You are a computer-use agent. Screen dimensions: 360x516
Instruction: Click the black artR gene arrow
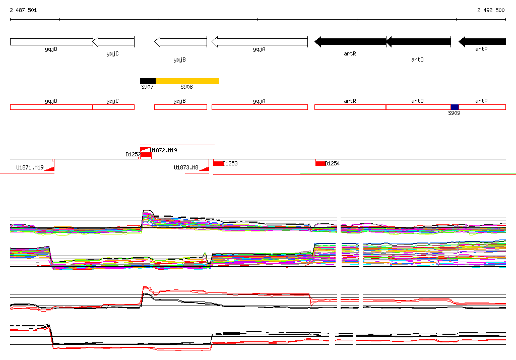[350, 42]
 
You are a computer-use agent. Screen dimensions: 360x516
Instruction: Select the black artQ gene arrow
[418, 42]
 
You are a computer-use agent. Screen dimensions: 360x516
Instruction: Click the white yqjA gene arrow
[260, 42]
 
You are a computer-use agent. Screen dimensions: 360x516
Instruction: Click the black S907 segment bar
[148, 81]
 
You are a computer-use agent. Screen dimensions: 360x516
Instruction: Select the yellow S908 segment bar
[187, 81]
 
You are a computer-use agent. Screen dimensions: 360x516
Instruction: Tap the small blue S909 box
[455, 107]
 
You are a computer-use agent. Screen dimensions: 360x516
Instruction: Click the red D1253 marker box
[219, 163]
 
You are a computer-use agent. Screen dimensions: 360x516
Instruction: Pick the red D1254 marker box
[320, 163]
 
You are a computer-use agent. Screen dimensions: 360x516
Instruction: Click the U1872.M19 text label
[164, 150]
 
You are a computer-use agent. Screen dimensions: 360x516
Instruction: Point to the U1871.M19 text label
[30, 167]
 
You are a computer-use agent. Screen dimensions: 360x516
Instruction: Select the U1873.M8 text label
[186, 167]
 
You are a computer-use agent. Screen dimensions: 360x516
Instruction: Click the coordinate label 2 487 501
[23, 10]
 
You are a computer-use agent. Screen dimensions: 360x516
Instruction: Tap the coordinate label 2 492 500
[491, 10]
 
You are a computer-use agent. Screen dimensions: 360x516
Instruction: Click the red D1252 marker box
[146, 154]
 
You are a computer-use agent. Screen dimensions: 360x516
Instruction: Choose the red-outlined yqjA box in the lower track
[260, 107]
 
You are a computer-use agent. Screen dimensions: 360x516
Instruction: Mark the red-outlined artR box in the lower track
[350, 107]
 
